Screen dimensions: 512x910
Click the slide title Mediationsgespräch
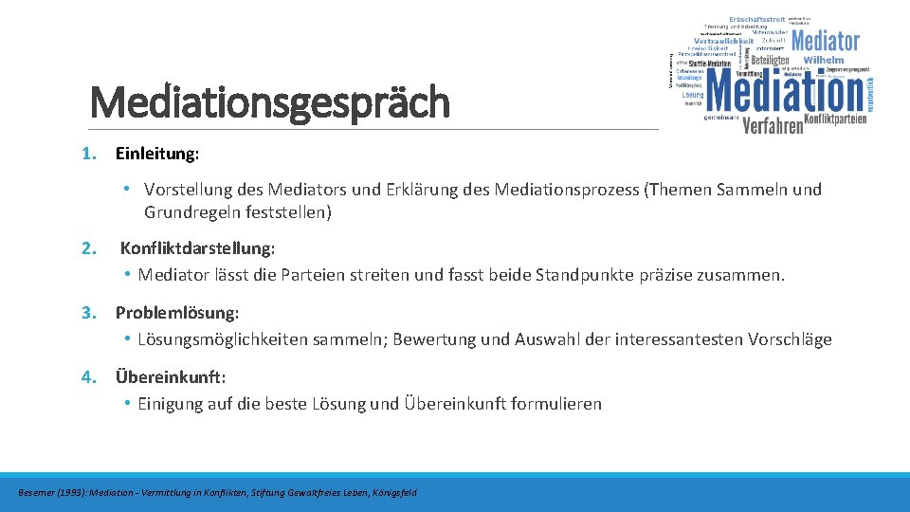pyautogui.click(x=269, y=102)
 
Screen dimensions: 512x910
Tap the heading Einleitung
pyautogui.click(x=157, y=154)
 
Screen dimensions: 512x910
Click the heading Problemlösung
pyautogui.click(x=177, y=313)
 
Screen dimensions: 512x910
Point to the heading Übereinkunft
pyautogui.click(x=171, y=377)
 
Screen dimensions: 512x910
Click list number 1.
pyautogui.click(x=88, y=154)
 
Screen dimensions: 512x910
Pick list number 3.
pyautogui.click(x=88, y=313)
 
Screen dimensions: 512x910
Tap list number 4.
pyautogui.click(x=88, y=377)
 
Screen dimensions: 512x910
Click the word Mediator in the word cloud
pyautogui.click(x=825, y=42)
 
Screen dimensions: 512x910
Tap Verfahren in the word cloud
pyautogui.click(x=773, y=125)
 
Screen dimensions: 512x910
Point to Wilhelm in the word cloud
pyautogui.click(x=823, y=60)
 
